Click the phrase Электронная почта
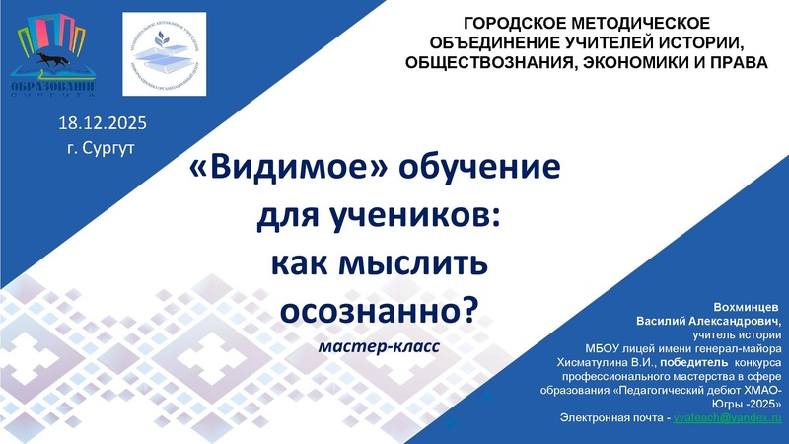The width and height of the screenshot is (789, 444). (x=612, y=419)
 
